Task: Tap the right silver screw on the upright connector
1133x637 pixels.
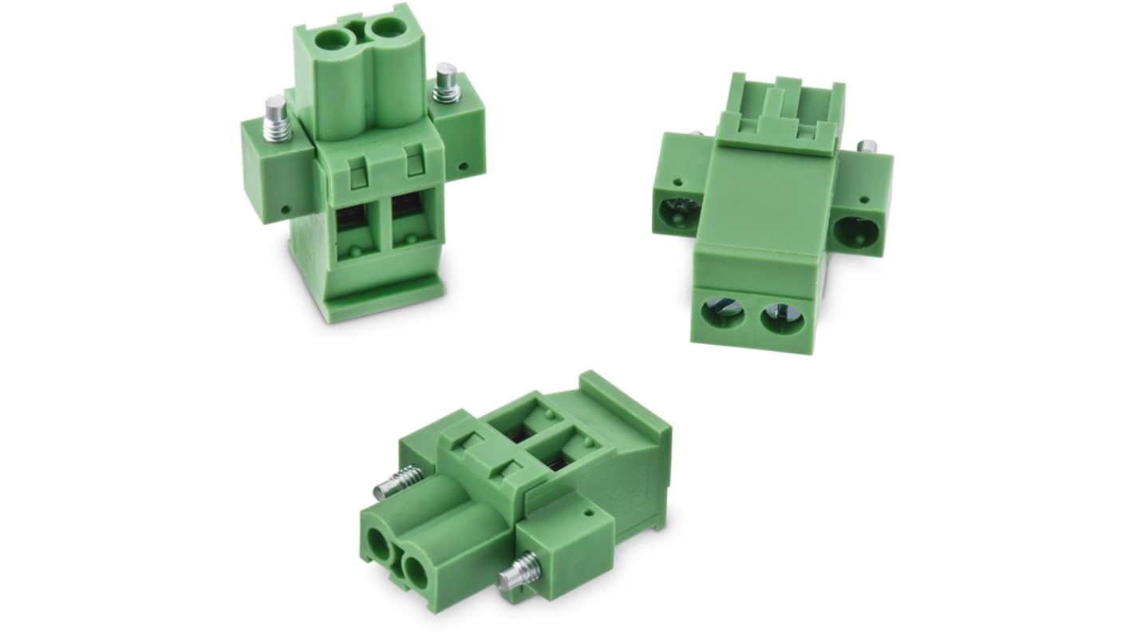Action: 447,82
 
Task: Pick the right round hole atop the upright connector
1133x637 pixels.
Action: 389,30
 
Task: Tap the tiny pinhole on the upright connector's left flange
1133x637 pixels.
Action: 286,209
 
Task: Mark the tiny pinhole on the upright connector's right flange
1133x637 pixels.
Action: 464,168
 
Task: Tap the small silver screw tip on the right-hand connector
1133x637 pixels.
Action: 866,147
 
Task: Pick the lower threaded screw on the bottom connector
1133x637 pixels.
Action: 518,571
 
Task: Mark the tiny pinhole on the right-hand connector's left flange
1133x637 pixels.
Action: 678,182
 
